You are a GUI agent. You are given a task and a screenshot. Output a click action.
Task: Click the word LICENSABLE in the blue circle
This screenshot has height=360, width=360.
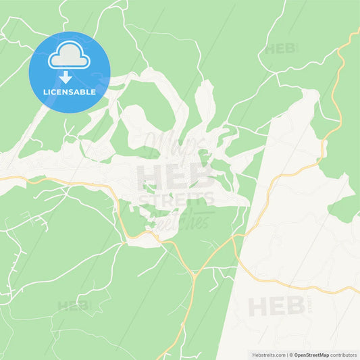(70, 91)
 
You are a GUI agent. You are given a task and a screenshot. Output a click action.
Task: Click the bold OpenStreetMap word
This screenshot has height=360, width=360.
(311, 354)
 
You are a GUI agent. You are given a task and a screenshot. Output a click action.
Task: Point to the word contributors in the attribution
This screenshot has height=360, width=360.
(342, 354)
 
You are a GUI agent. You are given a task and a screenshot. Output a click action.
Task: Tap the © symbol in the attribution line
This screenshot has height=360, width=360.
(290, 354)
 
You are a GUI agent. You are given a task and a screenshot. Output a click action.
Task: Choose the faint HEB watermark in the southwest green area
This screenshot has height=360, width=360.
(73, 305)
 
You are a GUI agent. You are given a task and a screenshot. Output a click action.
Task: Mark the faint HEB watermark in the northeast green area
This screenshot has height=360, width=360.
(280, 49)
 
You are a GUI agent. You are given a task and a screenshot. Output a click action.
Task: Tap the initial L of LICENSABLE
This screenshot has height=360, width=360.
(45, 91)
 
